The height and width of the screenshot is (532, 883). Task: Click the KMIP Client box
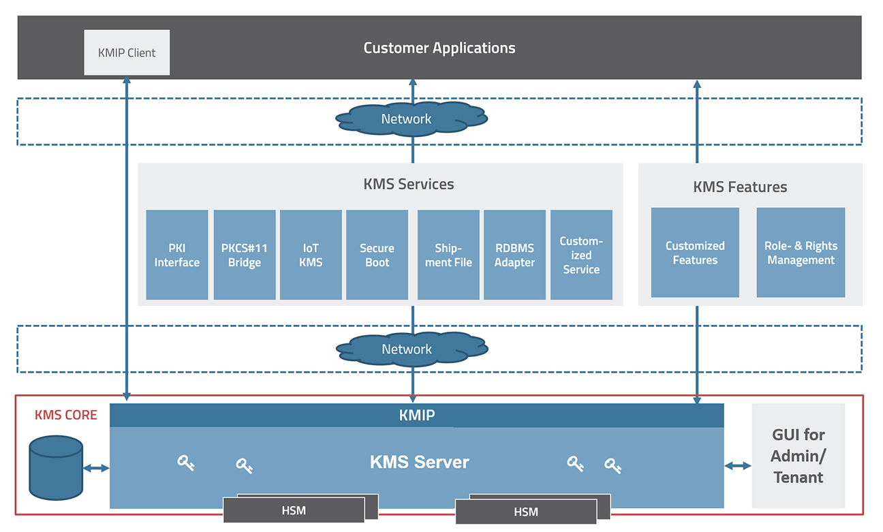127,52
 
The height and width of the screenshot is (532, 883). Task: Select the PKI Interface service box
177,255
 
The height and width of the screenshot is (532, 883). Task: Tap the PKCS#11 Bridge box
245,255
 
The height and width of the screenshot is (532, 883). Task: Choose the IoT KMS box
311,255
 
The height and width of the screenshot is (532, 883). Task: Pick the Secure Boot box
377,255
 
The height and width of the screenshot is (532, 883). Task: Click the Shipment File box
448,255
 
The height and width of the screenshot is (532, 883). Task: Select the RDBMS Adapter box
515,255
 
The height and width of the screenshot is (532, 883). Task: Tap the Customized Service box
581,255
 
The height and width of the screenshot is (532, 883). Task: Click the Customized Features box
695,253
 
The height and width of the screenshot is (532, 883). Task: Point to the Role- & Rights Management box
801,253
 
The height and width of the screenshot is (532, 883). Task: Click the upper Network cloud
412,119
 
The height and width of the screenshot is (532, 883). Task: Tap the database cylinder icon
56,468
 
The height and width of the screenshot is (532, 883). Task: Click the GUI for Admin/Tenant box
799,456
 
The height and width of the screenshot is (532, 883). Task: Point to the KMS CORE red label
66,415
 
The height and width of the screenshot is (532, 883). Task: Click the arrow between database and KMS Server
96,468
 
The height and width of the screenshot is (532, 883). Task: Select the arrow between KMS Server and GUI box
738,466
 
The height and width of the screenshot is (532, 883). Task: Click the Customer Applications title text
439,48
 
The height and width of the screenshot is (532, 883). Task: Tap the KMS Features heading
740,187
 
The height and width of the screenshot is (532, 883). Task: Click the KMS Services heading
408,184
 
